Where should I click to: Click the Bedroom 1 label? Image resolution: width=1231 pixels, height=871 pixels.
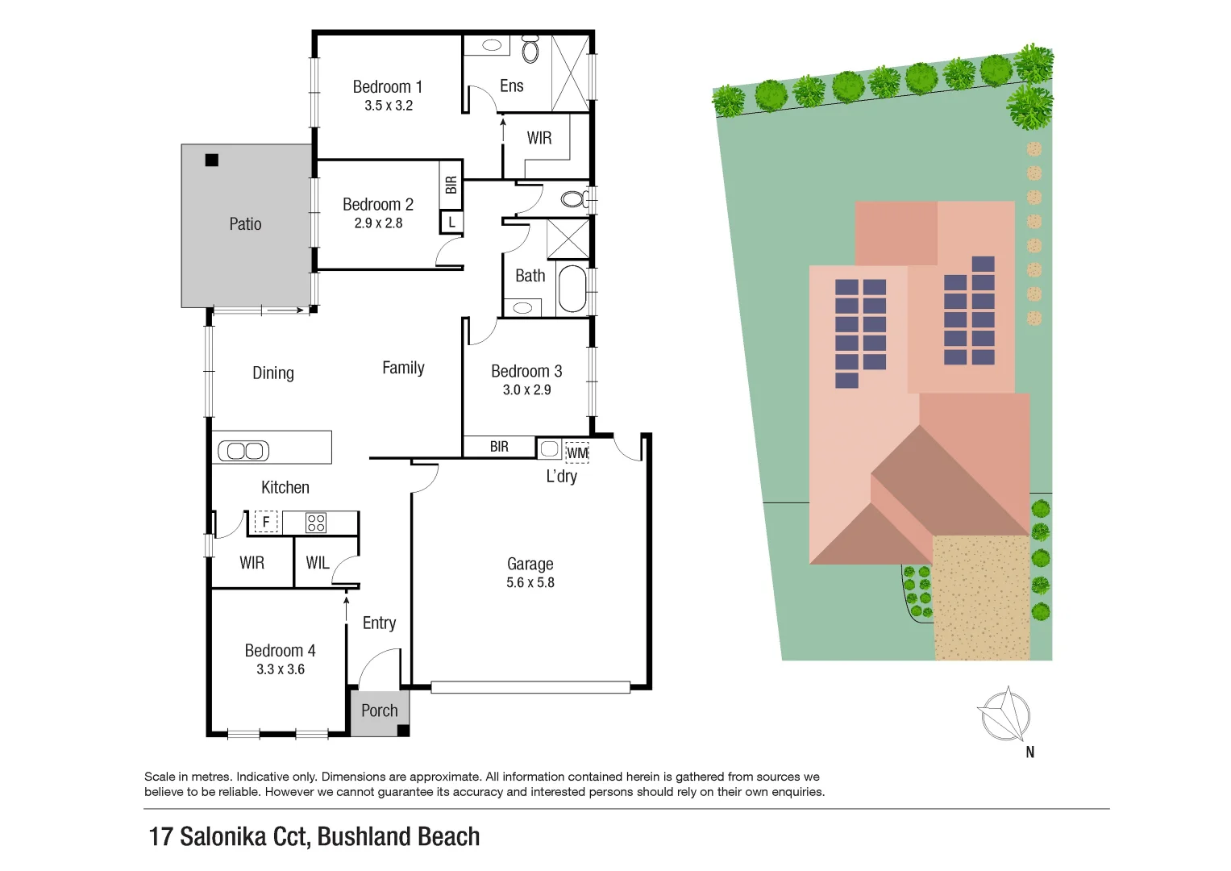pyautogui.click(x=387, y=87)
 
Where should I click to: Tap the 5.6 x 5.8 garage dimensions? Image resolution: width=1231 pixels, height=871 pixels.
pyautogui.click(x=530, y=582)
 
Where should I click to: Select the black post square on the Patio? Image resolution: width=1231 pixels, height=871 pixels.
pyautogui.click(x=212, y=160)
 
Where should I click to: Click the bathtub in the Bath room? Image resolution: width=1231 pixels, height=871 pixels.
pyautogui.click(x=572, y=289)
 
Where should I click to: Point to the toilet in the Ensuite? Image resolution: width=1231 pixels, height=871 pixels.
pyautogui.click(x=530, y=49)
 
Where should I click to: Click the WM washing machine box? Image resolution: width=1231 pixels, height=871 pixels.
pyautogui.click(x=577, y=452)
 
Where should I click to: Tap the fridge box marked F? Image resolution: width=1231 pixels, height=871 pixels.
pyautogui.click(x=266, y=522)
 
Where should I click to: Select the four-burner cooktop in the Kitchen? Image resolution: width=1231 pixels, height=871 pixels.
pyautogui.click(x=316, y=523)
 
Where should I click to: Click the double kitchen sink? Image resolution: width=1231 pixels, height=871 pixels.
pyautogui.click(x=243, y=451)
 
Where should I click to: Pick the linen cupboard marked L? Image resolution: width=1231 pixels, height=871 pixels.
pyautogui.click(x=451, y=222)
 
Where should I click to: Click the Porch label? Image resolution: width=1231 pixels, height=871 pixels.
pyautogui.click(x=379, y=711)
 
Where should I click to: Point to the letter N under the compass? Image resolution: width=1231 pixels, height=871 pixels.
pyautogui.click(x=1029, y=752)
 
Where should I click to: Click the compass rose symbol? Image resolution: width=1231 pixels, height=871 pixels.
pyautogui.click(x=1004, y=715)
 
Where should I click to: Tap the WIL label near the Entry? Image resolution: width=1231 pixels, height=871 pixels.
pyautogui.click(x=317, y=563)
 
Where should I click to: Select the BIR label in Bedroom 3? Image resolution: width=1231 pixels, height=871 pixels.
pyautogui.click(x=499, y=447)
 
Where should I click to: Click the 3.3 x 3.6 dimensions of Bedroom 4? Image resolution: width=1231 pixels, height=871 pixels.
pyautogui.click(x=281, y=669)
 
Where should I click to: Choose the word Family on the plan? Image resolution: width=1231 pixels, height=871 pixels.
pyautogui.click(x=403, y=368)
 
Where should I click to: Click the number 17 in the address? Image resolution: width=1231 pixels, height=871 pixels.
pyautogui.click(x=160, y=836)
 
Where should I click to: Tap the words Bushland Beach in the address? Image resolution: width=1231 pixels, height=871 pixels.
pyautogui.click(x=398, y=836)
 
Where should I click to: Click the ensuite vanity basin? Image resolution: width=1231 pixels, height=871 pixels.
pyautogui.click(x=491, y=45)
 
